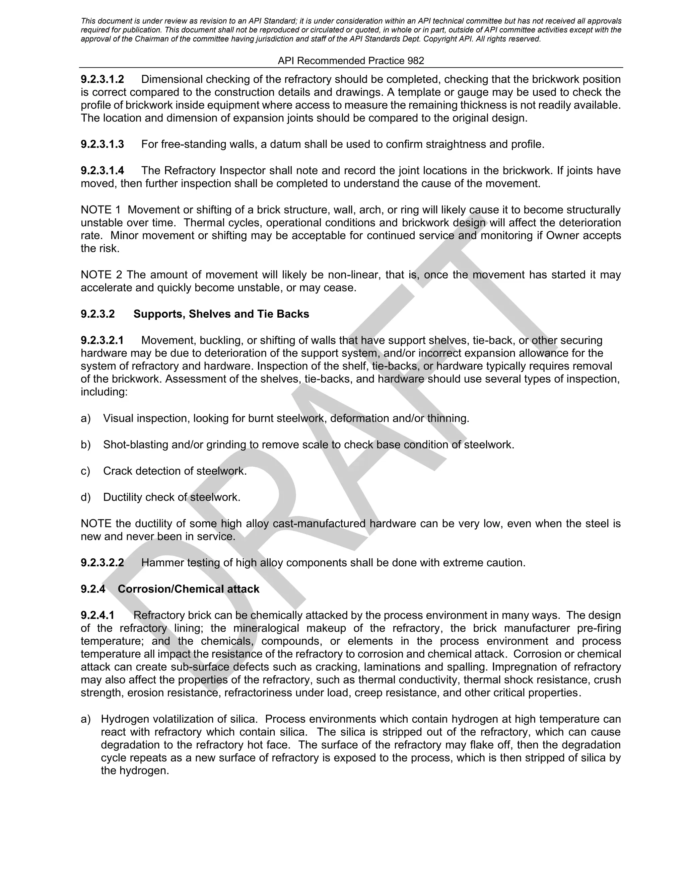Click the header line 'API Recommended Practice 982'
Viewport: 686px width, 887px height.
pos(351,61)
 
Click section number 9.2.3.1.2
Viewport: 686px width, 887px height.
pos(102,79)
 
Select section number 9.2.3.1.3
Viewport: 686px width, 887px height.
pos(102,144)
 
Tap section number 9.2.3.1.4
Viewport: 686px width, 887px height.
pos(102,171)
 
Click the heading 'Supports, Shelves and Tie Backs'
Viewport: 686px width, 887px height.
pos(221,314)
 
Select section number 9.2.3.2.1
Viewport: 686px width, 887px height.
pos(102,340)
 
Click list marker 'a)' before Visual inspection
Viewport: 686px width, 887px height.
pos(85,418)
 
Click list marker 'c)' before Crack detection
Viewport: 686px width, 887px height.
pos(85,471)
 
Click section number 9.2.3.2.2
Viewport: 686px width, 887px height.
pos(102,563)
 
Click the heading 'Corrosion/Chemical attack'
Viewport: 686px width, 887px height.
pos(189,589)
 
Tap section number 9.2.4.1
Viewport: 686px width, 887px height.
pos(97,615)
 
